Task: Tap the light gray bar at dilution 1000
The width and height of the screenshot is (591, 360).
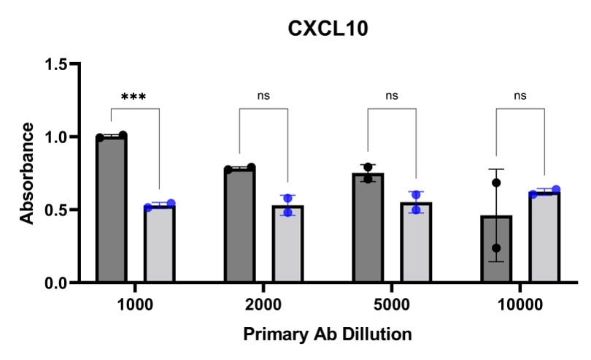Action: pyautogui.click(x=158, y=245)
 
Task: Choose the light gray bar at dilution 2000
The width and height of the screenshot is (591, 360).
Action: pyautogui.click(x=287, y=245)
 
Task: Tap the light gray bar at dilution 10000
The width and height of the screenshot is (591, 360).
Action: pyautogui.click(x=544, y=237)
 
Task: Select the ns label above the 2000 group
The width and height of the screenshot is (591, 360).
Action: pyautogui.click(x=263, y=96)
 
